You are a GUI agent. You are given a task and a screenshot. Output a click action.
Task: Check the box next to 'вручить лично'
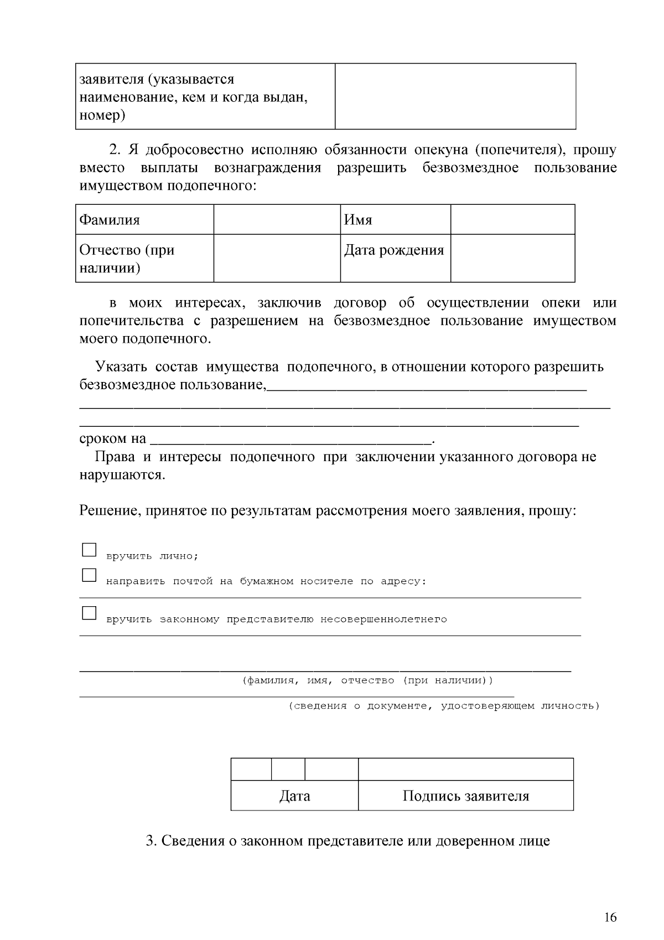point(89,550)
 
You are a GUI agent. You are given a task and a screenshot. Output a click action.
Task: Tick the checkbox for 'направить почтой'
point(89,575)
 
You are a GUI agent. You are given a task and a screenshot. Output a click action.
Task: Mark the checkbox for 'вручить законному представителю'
point(89,613)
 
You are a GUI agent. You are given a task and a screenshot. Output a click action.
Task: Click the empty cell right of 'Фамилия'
point(277,220)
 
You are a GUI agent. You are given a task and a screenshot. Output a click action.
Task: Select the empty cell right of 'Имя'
point(512,220)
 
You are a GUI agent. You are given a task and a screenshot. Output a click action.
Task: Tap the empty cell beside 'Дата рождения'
point(512,258)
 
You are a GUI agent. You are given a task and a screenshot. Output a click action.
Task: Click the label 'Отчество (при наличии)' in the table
point(127,259)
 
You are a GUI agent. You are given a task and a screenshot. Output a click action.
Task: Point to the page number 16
point(610,917)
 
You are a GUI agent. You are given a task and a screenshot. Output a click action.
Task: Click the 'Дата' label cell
point(294,796)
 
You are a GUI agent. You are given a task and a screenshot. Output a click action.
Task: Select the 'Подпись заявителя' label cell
point(465,796)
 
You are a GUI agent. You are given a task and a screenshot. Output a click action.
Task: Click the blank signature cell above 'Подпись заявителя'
point(465,769)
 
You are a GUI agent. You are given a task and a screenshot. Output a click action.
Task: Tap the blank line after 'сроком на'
point(290,438)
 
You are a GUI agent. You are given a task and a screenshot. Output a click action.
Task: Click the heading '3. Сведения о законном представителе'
point(347,841)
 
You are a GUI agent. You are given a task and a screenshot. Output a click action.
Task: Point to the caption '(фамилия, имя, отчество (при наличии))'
point(367,680)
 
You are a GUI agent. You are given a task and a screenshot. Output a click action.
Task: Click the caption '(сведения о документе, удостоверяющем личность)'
point(444,706)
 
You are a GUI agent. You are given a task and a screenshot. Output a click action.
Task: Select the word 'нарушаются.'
point(122,475)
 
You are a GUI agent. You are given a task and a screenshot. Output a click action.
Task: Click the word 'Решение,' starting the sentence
point(110,510)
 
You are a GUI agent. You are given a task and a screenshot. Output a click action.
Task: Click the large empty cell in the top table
point(455,96)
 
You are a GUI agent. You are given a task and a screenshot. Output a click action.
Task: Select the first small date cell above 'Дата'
point(251,769)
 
